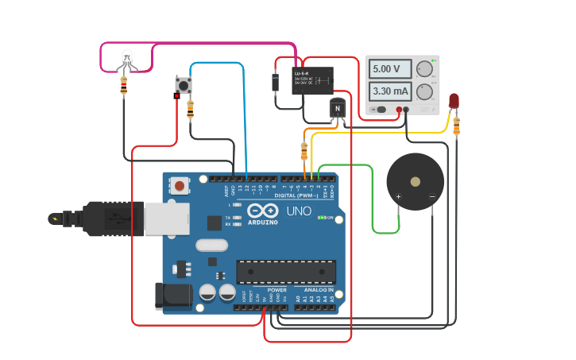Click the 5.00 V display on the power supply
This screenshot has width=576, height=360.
[391, 69]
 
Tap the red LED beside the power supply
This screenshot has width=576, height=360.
[454, 101]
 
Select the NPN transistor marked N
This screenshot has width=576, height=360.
[338, 108]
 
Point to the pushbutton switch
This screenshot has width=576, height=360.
[184, 84]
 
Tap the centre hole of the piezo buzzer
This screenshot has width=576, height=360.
[416, 181]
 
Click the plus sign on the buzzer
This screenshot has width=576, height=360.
[399, 196]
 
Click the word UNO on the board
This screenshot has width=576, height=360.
[299, 211]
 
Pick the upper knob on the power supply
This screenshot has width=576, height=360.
[425, 68]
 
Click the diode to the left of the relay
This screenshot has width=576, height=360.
[275, 82]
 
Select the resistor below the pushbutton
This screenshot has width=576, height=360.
[190, 110]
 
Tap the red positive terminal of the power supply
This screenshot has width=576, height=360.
[399, 110]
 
